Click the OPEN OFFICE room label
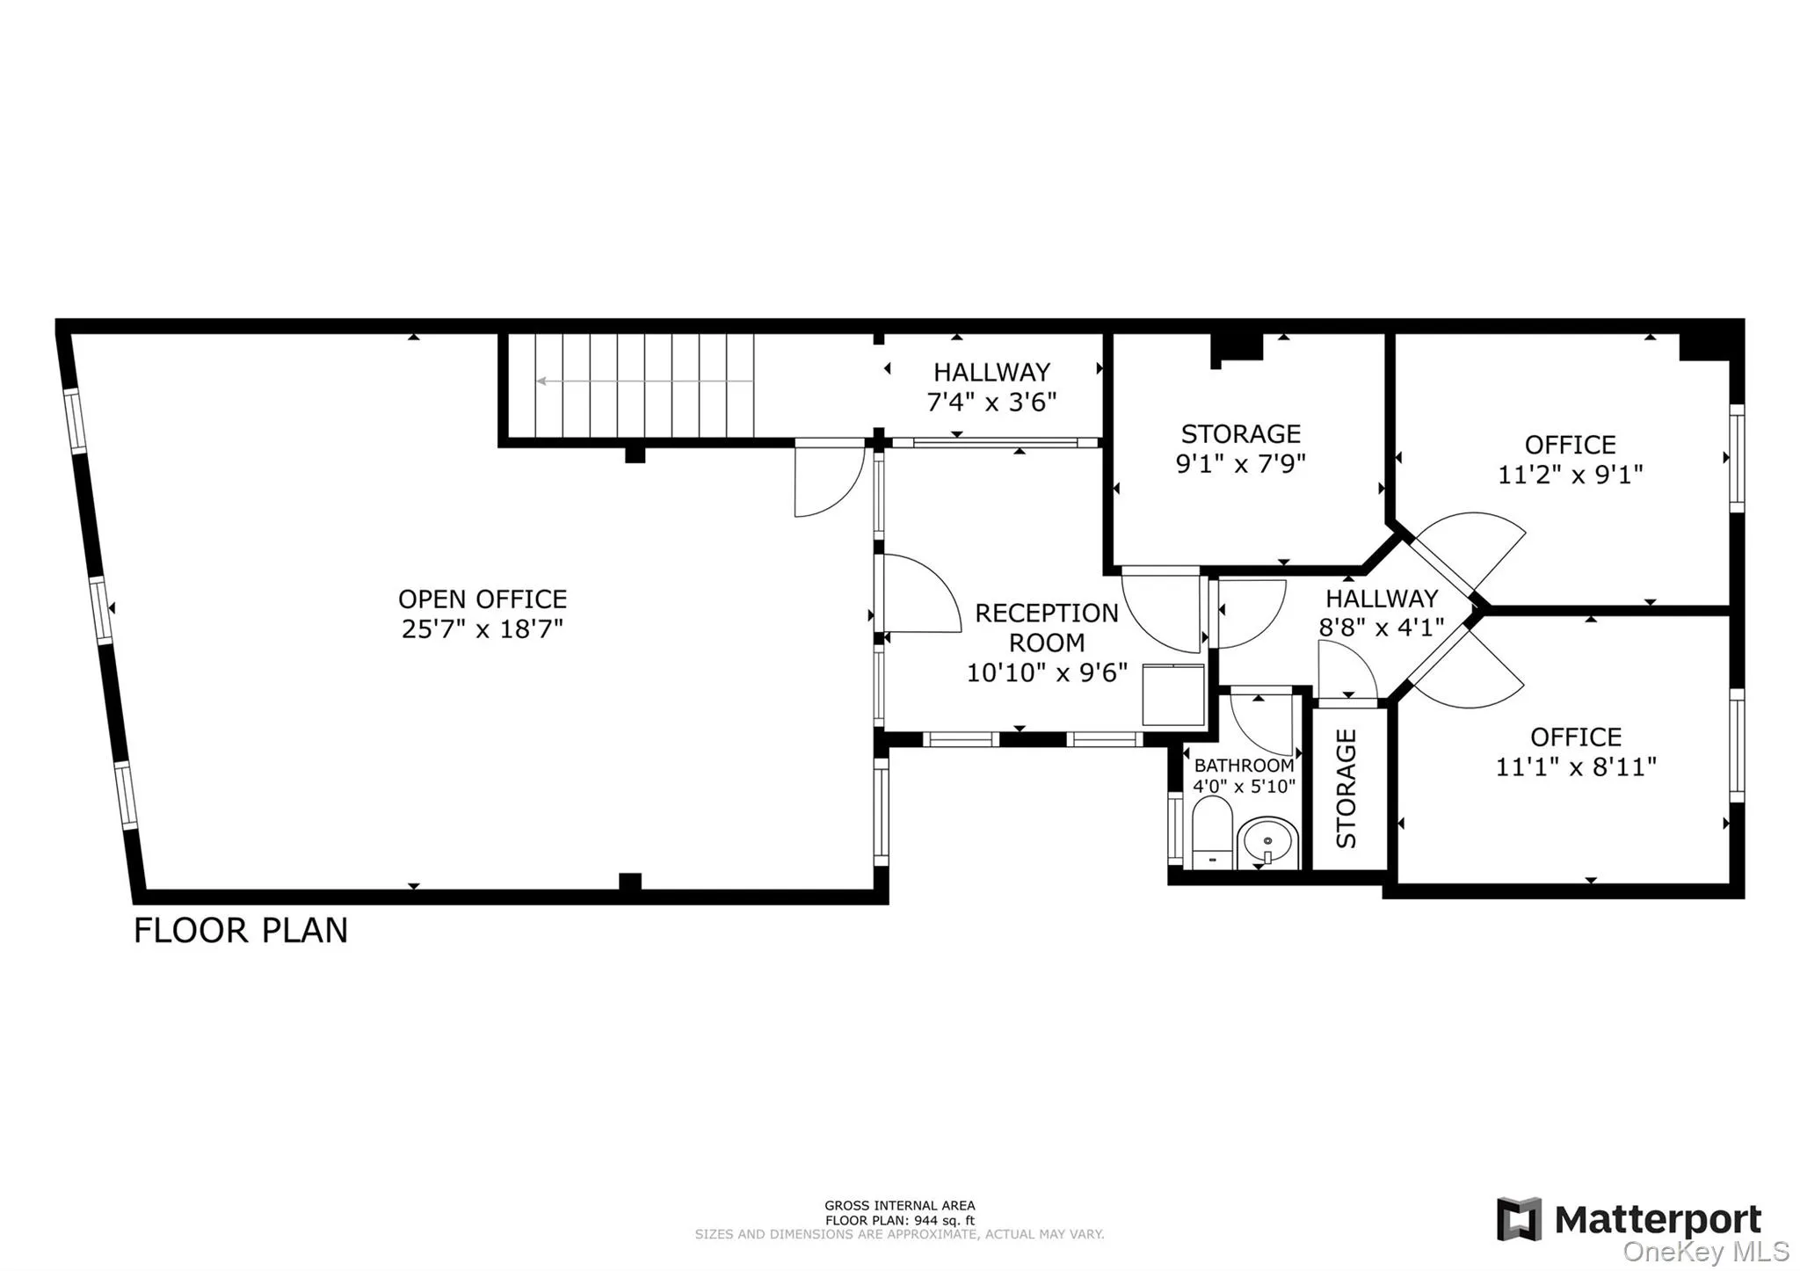coord(482,599)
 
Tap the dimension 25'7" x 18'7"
coord(482,629)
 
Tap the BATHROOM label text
coord(1243,766)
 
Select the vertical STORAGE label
coord(1346,788)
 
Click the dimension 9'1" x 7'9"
coord(1240,464)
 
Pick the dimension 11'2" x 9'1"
coord(1570,475)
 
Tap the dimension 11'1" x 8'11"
coord(1575,766)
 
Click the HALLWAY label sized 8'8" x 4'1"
coord(1382,599)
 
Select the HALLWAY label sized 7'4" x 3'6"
coord(991,373)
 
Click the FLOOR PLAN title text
coord(241,931)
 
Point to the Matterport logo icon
coord(1519,1219)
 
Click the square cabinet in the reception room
coord(1172,694)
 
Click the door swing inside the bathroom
coord(1262,723)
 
